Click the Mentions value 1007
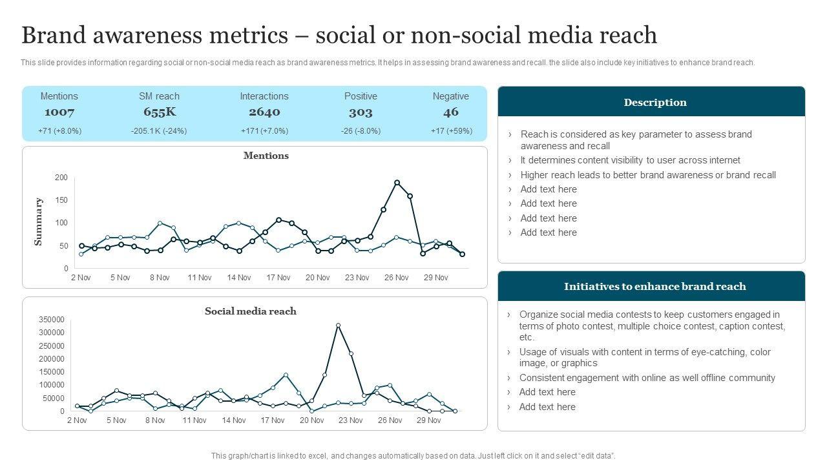59,112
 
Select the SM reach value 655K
160,112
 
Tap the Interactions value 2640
264,112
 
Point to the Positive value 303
361,112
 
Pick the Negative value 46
451,112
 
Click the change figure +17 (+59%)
451,130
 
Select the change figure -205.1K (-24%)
159,130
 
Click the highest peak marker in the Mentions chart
397,183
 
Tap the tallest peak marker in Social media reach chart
338,325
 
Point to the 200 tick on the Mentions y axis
61,178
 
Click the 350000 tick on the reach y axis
52,320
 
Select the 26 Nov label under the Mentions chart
396,278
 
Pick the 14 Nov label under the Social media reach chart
234,420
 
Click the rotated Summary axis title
38,222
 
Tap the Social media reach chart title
251,311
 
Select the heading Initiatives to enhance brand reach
654,286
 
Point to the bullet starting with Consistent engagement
647,378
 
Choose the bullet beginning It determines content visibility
630,160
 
